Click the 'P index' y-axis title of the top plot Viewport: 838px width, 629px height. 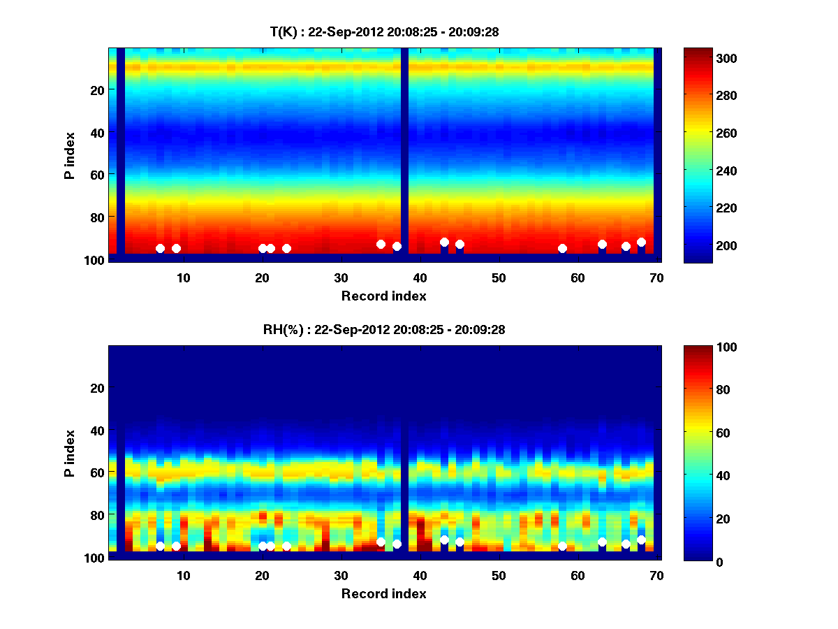70,156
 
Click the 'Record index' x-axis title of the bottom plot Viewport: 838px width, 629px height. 383,593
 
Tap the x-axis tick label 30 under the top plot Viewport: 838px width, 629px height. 341,277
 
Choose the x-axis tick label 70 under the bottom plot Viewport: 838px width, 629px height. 656,575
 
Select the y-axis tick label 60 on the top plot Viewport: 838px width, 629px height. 97,174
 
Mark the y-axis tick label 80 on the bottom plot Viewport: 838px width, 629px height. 97,515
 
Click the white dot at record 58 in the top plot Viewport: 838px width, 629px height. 562,248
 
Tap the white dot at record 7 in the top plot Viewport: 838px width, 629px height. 160,248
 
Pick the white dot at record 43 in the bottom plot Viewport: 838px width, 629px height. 444,540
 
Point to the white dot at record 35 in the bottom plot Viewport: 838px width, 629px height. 381,542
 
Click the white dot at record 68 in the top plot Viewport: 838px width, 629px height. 641,242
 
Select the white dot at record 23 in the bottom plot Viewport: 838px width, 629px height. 286,546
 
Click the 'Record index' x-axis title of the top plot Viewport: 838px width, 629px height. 383,296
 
